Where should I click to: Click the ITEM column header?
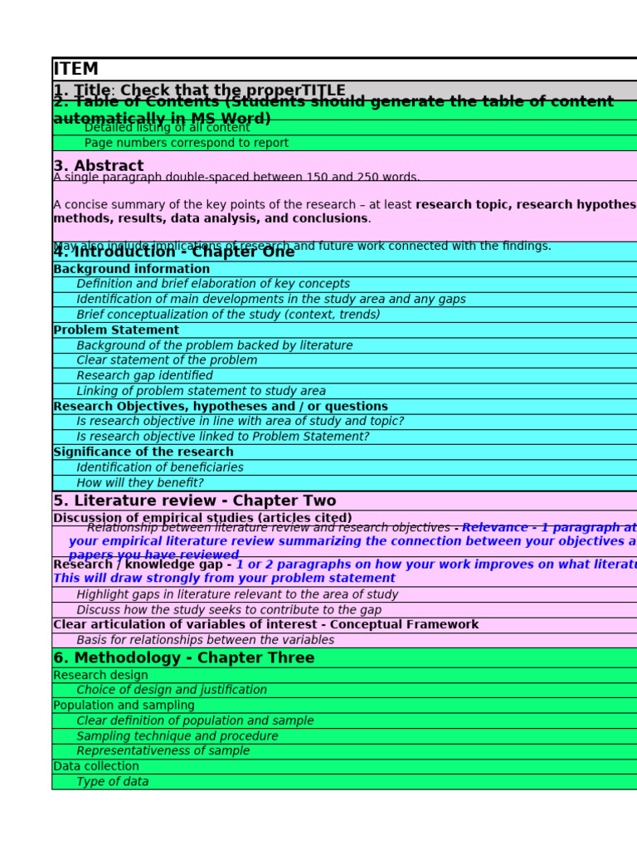(x=75, y=69)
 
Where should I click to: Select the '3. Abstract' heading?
(x=98, y=166)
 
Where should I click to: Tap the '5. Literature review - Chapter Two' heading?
(x=194, y=501)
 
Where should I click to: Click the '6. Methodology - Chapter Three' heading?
(x=183, y=658)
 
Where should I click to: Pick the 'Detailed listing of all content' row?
(x=167, y=129)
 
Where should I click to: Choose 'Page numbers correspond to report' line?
(x=186, y=143)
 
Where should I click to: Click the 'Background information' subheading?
(x=131, y=269)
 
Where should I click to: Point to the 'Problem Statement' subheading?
(x=115, y=330)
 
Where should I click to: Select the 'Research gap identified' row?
(x=144, y=376)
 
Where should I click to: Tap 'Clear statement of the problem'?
(x=167, y=360)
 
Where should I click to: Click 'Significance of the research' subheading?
(x=143, y=452)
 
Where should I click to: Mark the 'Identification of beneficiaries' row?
(x=159, y=467)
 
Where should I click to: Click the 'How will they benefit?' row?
(x=139, y=483)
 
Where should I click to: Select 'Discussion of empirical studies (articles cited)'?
(x=202, y=517)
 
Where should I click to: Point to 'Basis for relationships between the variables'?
(x=205, y=640)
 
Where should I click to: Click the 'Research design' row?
(x=100, y=675)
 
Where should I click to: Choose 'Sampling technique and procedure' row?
(x=177, y=736)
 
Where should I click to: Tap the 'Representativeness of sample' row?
(x=163, y=751)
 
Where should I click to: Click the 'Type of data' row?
(x=112, y=782)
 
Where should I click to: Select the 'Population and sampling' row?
(x=124, y=706)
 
